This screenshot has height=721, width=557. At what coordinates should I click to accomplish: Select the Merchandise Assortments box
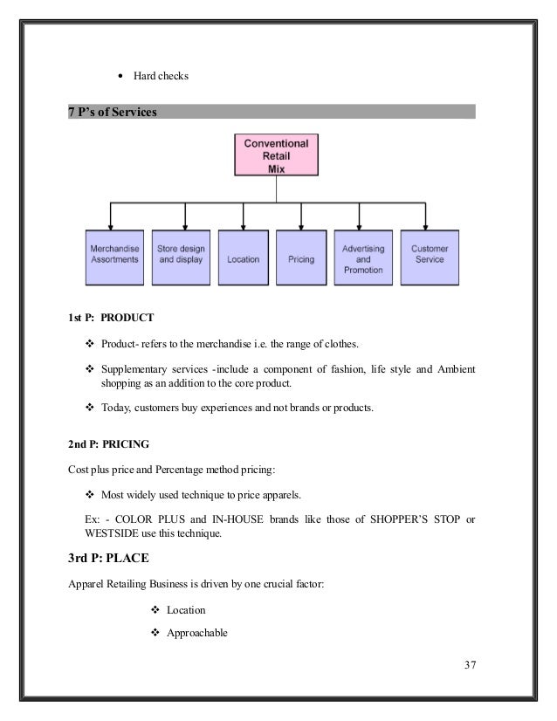click(114, 258)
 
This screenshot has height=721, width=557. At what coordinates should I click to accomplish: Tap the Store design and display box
click(180, 258)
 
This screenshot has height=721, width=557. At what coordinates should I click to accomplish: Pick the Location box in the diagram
click(243, 258)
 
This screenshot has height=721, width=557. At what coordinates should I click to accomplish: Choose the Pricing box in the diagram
click(301, 258)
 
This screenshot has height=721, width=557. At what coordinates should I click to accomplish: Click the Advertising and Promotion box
click(363, 258)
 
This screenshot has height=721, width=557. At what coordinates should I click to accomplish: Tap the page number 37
click(472, 669)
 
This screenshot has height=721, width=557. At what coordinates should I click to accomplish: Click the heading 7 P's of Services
click(113, 112)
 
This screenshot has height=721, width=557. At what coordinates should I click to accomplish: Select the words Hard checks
click(160, 77)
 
